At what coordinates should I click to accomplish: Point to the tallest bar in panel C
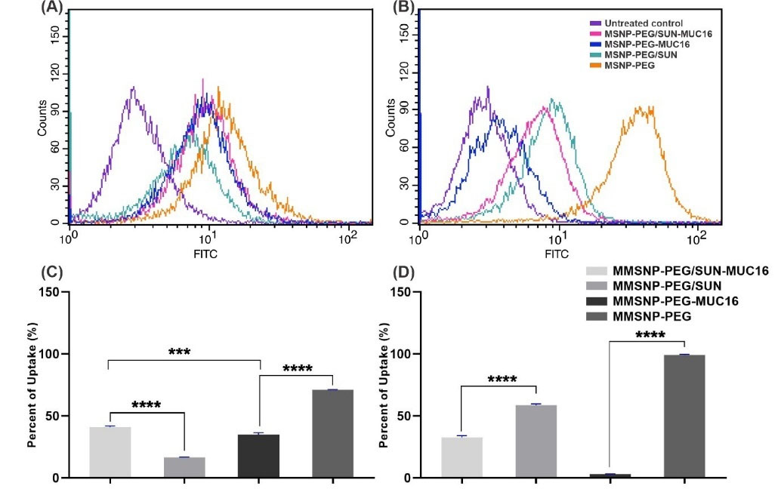(x=332, y=433)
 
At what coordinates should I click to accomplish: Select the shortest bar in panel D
(x=610, y=475)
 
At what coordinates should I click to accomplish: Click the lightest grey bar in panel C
(x=110, y=452)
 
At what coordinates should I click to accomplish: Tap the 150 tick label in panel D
(x=401, y=292)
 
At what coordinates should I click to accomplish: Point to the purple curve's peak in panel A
(x=134, y=88)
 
